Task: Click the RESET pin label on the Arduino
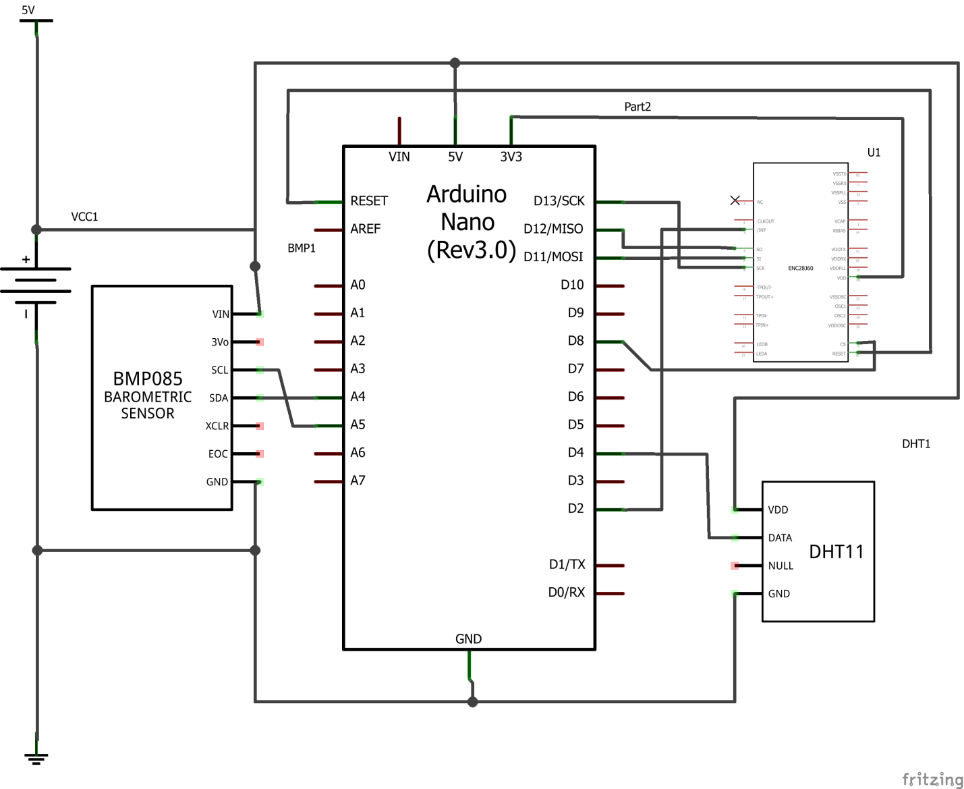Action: tap(369, 201)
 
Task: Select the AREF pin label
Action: tap(366, 229)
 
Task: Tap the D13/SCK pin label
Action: tap(559, 201)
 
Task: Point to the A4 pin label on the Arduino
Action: tap(358, 397)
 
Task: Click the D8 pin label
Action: tap(575, 341)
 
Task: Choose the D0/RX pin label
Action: tap(566, 593)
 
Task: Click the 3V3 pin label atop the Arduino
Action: tap(511, 157)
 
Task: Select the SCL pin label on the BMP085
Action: tap(219, 370)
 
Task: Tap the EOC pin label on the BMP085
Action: tap(218, 454)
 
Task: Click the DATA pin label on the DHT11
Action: tap(780, 538)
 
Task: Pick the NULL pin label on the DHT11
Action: tap(781, 566)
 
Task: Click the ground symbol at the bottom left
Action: tap(36, 758)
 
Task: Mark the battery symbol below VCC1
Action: tap(36, 285)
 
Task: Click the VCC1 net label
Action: tap(84, 217)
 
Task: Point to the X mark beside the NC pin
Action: tap(735, 200)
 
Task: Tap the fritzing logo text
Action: tap(932, 779)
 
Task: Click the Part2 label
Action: tap(637, 107)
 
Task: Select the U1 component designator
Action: tap(874, 153)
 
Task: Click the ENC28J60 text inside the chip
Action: tap(800, 269)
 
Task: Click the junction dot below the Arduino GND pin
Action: tap(473, 702)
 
